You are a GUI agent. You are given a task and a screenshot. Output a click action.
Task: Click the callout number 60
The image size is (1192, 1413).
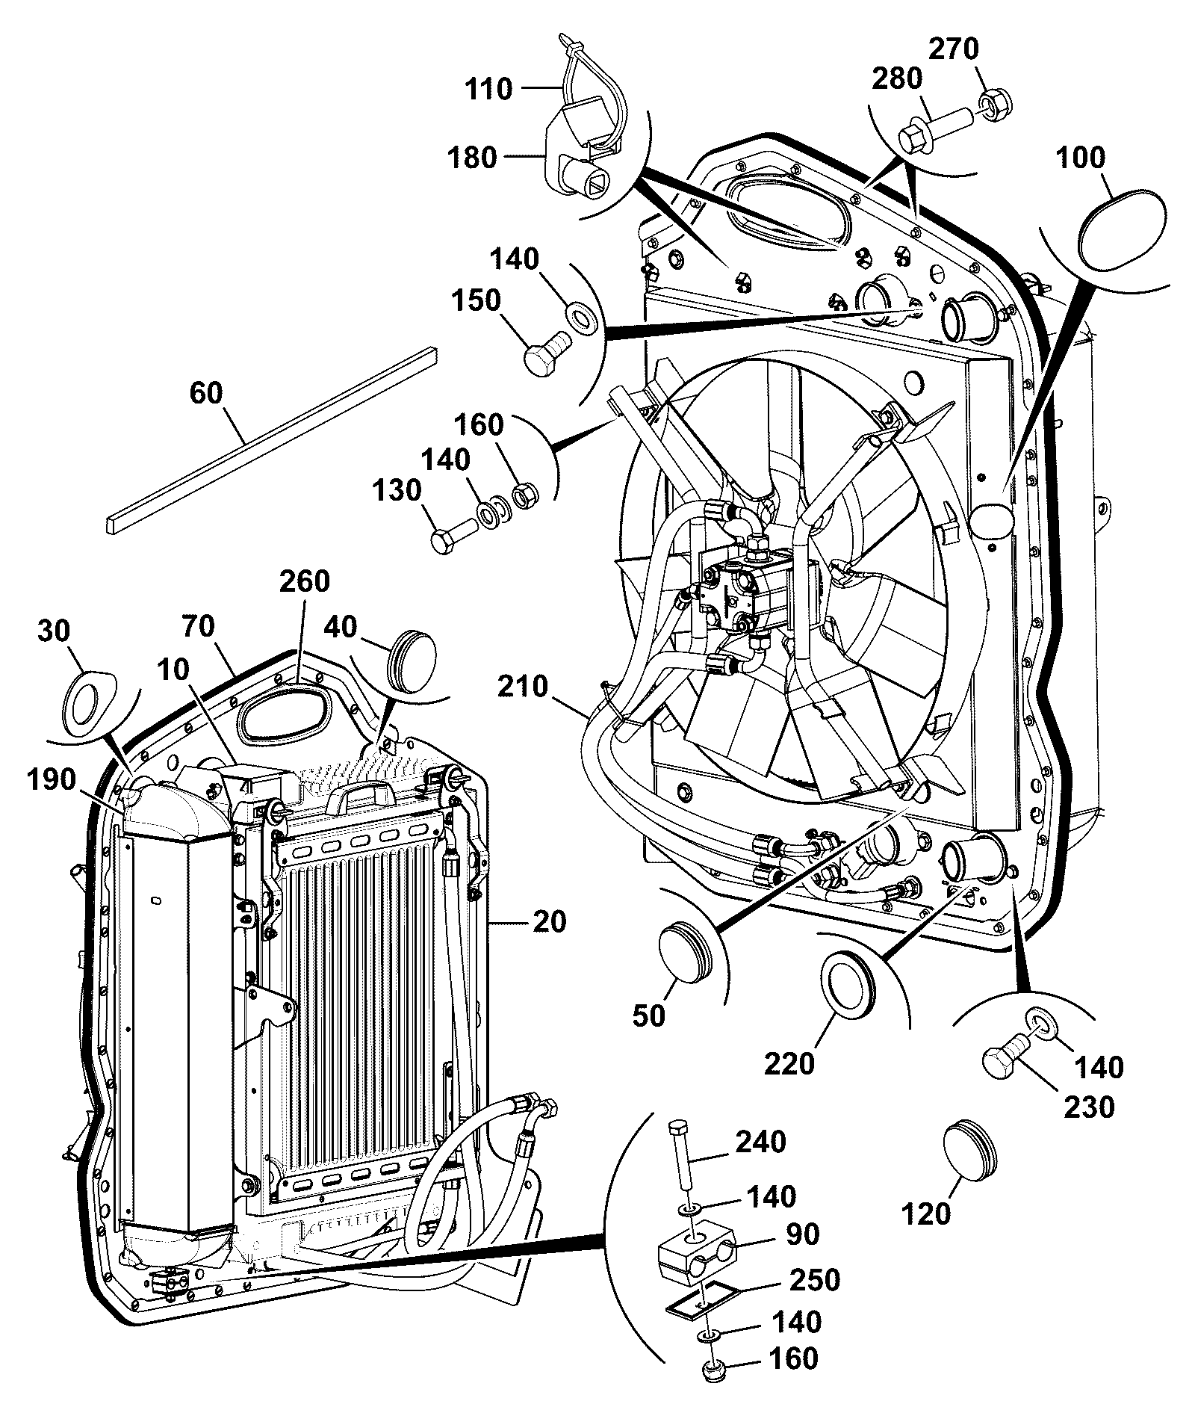click(206, 393)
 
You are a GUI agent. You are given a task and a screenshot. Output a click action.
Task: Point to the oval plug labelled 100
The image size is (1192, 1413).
click(1121, 223)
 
